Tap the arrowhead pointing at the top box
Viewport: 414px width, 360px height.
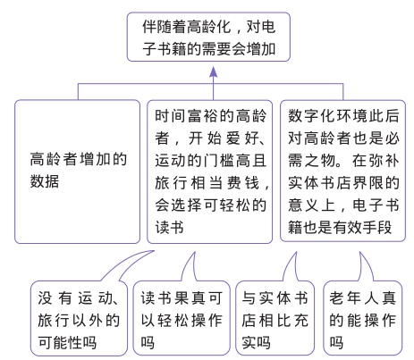(213, 71)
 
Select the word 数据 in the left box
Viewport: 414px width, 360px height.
(45, 181)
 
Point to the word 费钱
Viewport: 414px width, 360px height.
(243, 183)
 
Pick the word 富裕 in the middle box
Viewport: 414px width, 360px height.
(203, 115)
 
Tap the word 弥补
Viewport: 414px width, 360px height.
(384, 161)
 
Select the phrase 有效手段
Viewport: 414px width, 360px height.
(362, 228)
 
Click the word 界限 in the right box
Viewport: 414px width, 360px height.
(368, 183)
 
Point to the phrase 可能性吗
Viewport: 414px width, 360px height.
(67, 342)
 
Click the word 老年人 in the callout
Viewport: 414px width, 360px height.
(354, 297)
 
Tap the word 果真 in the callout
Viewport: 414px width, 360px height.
(191, 297)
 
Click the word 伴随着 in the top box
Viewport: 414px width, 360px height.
(165, 27)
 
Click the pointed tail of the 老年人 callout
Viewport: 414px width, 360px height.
(360, 253)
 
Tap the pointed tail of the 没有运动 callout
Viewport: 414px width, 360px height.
(154, 251)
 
